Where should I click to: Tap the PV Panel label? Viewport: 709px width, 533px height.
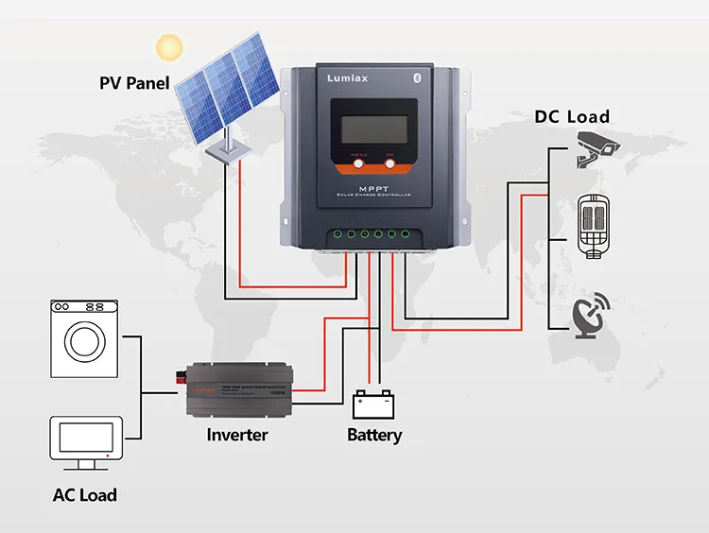point(134,83)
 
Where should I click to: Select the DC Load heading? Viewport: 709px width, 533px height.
point(572,117)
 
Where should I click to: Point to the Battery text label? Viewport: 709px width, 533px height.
point(374,436)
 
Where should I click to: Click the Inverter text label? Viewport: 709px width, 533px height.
point(237,436)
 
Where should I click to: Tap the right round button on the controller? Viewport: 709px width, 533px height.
point(389,163)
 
